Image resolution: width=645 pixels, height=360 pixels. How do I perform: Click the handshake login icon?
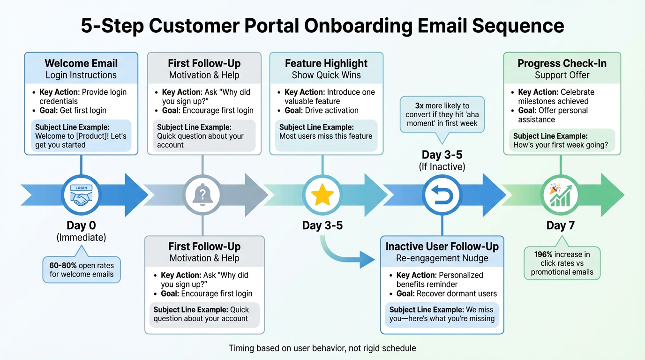pos(81,195)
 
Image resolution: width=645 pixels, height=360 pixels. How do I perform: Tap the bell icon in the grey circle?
pos(202,195)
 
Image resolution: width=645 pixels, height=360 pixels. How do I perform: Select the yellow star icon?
pos(322,195)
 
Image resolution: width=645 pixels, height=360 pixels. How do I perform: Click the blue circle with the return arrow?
pos(442,195)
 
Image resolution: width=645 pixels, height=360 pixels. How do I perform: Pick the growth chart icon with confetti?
pos(560,195)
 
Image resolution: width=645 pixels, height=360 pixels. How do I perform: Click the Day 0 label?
pos(81,225)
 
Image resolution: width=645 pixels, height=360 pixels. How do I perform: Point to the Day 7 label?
pos(560,225)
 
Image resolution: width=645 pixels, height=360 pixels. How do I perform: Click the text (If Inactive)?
pos(442,166)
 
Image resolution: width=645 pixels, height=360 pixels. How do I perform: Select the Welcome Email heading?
pos(81,63)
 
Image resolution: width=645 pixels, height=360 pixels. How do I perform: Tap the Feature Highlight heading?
pos(326,63)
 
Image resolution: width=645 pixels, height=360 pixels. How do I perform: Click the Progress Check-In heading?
pos(562,63)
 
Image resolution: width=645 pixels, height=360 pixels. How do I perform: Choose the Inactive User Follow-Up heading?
pos(442,247)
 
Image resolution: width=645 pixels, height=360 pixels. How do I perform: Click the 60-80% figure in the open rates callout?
pos(63,265)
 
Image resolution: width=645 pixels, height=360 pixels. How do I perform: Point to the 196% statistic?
pos(543,255)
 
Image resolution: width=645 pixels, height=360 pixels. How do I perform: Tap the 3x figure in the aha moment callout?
pos(419,106)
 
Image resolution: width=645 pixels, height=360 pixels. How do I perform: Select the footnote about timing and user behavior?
pos(322,348)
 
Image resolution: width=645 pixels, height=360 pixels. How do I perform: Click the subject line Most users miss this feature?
pos(326,136)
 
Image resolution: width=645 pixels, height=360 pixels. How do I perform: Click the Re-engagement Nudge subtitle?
pos(442,258)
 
